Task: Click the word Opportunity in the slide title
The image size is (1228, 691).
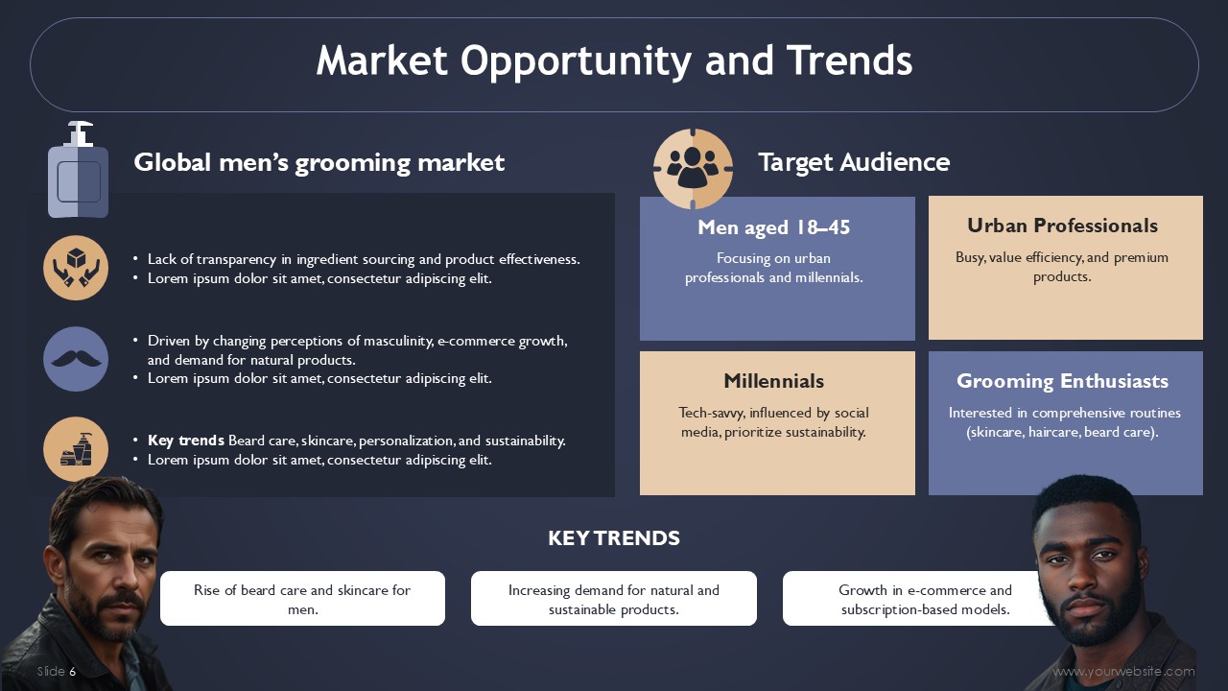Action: (576, 61)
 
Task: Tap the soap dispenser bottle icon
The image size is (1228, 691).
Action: (78, 170)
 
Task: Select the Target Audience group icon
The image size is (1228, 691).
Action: (693, 168)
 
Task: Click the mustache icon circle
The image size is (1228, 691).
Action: (76, 359)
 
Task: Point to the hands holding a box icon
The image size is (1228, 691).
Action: (76, 268)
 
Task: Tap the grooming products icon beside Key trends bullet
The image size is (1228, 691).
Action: (76, 449)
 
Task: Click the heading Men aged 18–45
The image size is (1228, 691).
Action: (773, 227)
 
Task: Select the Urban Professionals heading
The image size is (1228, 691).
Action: (1062, 226)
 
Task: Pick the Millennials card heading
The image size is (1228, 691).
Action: (773, 381)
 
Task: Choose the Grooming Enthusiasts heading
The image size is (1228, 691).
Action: (1062, 381)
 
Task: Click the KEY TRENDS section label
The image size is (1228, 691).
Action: (614, 538)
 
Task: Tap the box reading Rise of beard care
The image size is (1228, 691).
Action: (302, 598)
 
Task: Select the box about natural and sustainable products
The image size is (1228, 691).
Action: (614, 598)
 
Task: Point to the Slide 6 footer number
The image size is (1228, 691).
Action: (57, 671)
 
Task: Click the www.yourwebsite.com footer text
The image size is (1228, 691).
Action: (1123, 671)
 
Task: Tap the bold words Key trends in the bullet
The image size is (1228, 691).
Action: (186, 441)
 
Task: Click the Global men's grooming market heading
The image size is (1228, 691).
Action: (319, 163)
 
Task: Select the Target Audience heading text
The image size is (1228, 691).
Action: (854, 162)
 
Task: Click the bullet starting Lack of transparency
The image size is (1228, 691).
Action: (364, 259)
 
